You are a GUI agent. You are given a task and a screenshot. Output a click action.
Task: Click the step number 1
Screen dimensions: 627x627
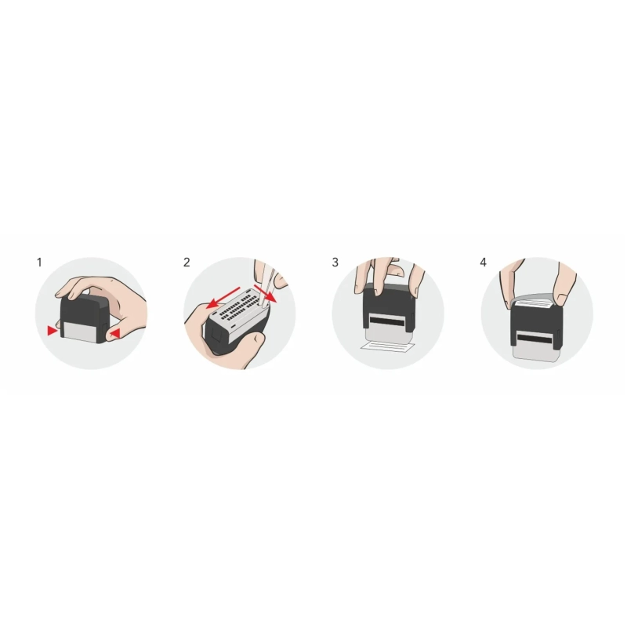[39, 262]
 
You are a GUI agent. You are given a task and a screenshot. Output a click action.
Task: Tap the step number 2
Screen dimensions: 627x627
[187, 262]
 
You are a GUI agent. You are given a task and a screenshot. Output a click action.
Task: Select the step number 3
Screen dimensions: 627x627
[335, 262]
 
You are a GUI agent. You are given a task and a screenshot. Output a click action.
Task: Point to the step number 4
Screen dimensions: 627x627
[484, 262]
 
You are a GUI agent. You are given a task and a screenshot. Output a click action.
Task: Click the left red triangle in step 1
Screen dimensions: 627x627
[52, 332]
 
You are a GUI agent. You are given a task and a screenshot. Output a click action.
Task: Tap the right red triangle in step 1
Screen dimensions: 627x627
[115, 335]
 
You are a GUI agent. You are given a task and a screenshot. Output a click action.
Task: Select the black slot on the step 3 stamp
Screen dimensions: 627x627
[389, 321]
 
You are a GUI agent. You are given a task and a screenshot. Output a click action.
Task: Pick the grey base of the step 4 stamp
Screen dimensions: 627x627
[537, 354]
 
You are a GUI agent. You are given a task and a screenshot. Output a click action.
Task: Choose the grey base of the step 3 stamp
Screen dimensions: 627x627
[389, 334]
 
